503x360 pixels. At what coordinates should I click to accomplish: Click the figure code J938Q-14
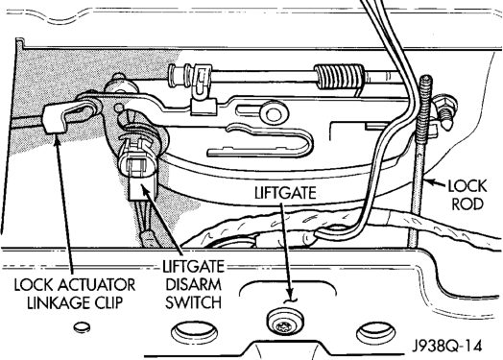click(447, 346)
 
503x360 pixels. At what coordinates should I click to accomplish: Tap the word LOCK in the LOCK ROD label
click(467, 186)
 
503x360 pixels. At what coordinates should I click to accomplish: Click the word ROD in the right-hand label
click(467, 204)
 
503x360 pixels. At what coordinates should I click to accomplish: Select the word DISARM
click(194, 284)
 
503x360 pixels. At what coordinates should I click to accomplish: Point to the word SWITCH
click(194, 302)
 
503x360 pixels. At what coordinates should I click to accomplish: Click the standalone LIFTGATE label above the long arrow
click(285, 193)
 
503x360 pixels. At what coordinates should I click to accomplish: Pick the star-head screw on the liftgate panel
click(285, 323)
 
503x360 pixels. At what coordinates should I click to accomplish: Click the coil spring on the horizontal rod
click(340, 77)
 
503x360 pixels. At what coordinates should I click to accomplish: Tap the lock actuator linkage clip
click(57, 118)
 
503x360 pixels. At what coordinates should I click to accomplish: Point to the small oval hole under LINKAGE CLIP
click(83, 327)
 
